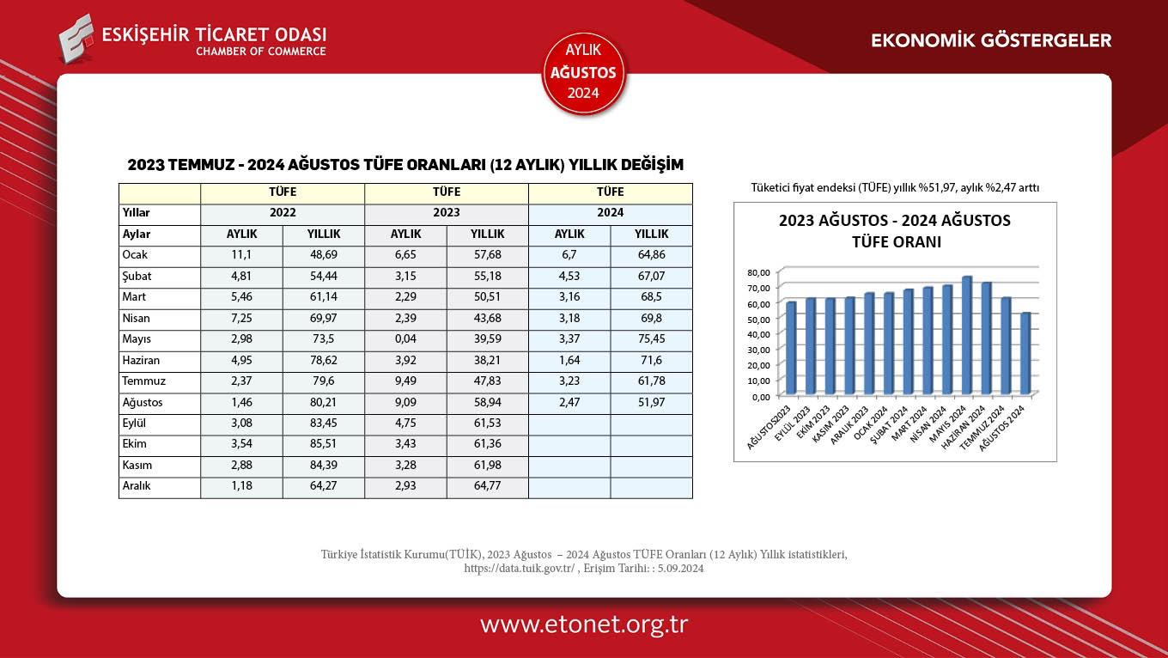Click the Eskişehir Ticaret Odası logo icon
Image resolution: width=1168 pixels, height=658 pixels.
76,38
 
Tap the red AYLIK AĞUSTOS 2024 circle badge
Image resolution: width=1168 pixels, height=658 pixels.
584,73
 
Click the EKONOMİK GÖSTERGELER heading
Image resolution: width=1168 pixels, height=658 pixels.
991,40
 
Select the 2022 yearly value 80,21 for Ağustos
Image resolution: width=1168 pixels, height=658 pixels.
324,403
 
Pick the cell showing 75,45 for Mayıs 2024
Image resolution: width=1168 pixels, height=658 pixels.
651,339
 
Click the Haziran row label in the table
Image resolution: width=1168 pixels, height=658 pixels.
141,361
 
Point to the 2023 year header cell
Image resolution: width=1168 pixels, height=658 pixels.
447,213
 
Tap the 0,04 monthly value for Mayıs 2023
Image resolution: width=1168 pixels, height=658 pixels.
406,339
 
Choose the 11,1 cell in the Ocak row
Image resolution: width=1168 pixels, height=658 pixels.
241,255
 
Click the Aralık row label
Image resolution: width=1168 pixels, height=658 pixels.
137,487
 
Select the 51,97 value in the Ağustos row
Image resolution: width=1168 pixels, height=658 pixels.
651,403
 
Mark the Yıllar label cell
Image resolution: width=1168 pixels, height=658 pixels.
137,213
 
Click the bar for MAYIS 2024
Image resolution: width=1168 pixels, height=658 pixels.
967,335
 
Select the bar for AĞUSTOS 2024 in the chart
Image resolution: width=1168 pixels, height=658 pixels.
1025,353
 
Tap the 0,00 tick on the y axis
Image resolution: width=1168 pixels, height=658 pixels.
760,397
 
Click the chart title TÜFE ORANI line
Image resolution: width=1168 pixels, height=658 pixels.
896,242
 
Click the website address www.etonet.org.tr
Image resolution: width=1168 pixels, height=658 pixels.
584,624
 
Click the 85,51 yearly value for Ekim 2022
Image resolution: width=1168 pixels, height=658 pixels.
324,445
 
